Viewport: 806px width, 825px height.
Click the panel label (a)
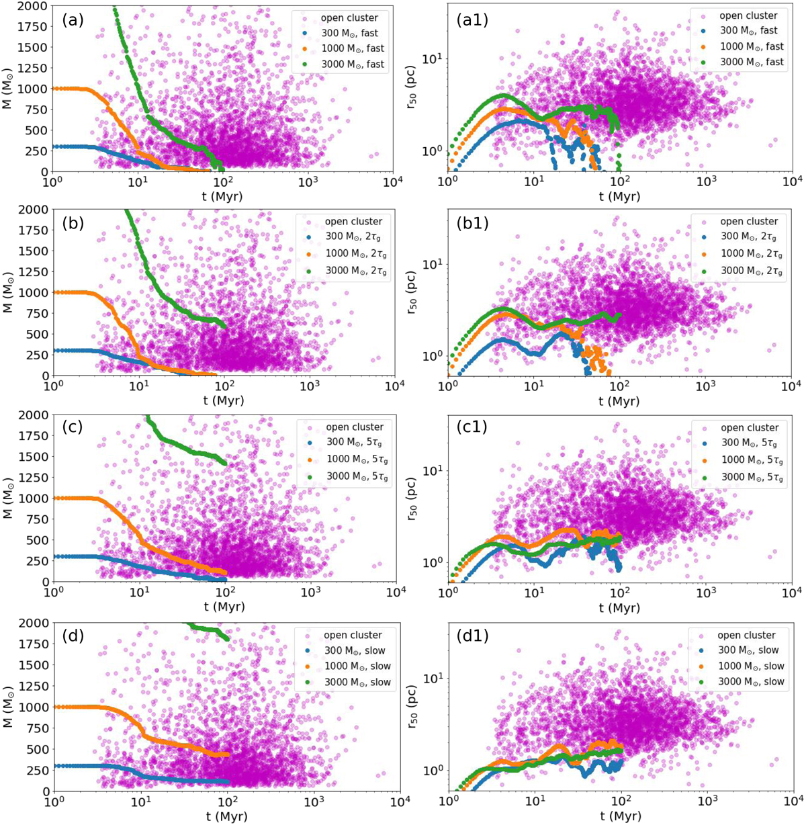pyautogui.click(x=73, y=20)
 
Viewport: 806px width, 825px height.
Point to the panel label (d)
pyautogui.click(x=73, y=636)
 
